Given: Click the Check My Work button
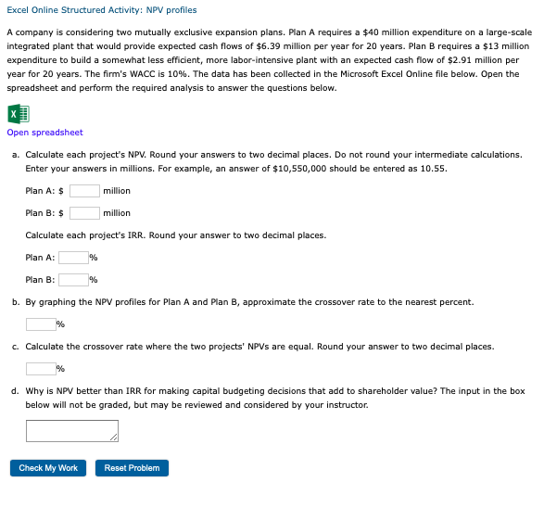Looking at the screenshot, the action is (x=48, y=468).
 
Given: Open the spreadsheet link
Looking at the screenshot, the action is (x=44, y=133).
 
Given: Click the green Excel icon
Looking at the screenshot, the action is (x=19, y=114).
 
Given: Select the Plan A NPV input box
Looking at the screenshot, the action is (x=84, y=191).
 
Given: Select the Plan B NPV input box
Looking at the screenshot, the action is (x=84, y=213).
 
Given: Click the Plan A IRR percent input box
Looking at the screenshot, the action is (x=73, y=258).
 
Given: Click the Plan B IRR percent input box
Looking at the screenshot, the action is (x=73, y=280).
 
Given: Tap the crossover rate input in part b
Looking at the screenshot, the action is (x=41, y=324).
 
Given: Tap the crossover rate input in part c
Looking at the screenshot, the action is (x=41, y=369).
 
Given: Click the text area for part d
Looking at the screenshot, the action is (x=71, y=431).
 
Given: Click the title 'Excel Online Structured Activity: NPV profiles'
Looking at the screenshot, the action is (x=102, y=10).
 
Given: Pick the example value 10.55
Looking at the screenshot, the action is (x=434, y=169).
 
